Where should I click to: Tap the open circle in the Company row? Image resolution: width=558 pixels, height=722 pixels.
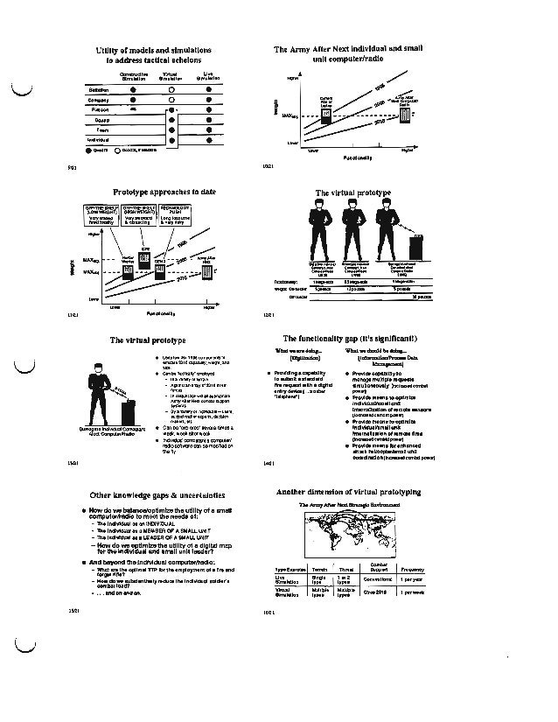point(176,100)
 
